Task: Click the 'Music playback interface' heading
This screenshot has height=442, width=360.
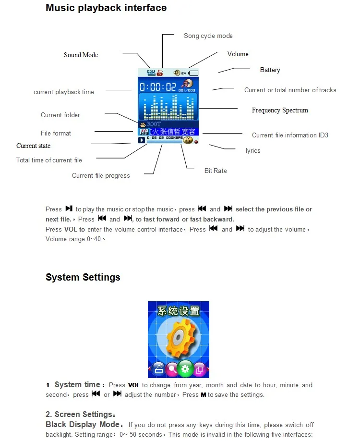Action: (106, 8)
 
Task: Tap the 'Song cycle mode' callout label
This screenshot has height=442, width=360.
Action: (208, 36)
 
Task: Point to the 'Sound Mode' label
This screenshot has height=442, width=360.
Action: (81, 55)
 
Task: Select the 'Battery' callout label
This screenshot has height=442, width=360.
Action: (270, 70)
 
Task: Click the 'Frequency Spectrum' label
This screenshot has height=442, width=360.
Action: (280, 110)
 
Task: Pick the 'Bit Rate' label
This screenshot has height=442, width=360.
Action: (216, 171)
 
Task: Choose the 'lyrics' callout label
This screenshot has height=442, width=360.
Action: (253, 151)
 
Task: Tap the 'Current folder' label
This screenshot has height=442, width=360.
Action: (60, 115)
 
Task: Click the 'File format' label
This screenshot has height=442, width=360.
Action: (56, 134)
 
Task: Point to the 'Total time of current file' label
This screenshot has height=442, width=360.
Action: (49, 160)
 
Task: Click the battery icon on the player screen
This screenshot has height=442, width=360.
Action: (193, 73)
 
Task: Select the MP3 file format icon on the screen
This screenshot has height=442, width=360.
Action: (143, 131)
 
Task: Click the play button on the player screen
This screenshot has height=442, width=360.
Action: (142, 140)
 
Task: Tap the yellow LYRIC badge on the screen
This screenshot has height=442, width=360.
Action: (188, 140)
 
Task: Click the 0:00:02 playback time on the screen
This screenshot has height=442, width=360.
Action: (158, 87)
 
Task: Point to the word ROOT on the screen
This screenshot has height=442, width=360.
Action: (154, 124)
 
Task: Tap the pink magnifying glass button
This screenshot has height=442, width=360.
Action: (171, 369)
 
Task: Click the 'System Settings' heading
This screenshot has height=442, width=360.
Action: (83, 278)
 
